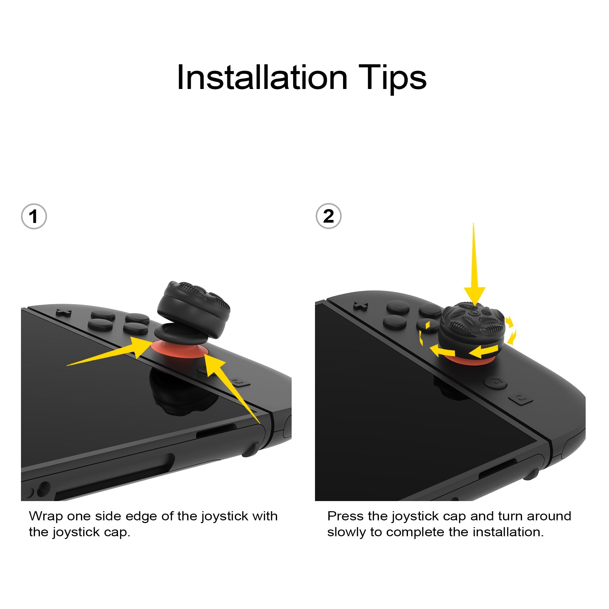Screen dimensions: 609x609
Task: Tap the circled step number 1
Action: tap(34, 217)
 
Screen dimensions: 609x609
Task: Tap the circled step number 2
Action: tap(328, 216)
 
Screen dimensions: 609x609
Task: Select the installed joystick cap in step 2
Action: tap(472, 330)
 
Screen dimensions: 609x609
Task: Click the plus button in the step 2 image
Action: tap(360, 306)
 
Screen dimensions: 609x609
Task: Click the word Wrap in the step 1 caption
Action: tap(46, 517)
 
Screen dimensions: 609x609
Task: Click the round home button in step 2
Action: tap(495, 382)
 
